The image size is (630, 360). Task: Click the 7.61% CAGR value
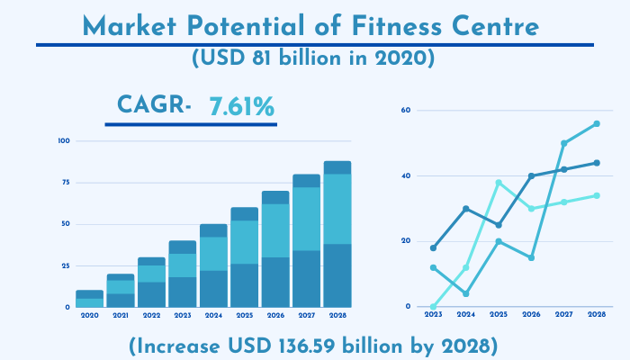241,108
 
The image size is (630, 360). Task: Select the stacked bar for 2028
337,234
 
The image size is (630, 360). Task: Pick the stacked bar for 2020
89,299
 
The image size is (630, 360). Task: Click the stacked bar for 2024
213,265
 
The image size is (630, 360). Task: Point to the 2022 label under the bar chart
151,315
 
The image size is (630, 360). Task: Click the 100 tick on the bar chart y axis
63,141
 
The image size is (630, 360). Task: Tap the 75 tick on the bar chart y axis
64,183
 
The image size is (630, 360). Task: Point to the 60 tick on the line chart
406,111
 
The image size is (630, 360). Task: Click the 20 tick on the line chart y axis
406,241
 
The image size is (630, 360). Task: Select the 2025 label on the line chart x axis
499,315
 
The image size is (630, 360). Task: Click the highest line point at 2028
597,123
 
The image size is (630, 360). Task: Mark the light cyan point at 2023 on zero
434,306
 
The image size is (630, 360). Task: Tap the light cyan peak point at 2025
499,183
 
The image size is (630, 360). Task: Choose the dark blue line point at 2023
434,247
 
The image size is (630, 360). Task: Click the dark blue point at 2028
597,163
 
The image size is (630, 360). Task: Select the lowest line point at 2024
466,293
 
